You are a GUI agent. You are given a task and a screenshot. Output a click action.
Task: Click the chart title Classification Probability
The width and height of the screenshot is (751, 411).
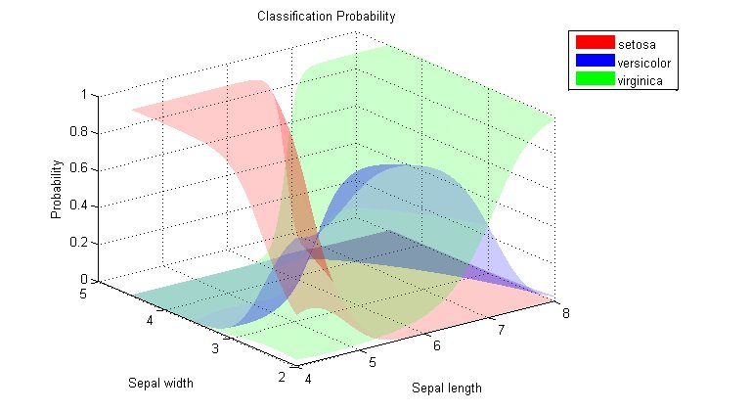[x=326, y=17]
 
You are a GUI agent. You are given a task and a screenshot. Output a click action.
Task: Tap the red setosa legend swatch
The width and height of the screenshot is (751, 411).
[x=594, y=42]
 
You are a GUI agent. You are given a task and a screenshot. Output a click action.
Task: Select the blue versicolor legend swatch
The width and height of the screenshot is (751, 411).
[x=594, y=62]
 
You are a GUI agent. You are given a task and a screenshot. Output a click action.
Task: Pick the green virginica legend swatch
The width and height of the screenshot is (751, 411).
[x=594, y=80]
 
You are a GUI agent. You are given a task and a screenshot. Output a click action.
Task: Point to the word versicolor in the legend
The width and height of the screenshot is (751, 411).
[x=643, y=63]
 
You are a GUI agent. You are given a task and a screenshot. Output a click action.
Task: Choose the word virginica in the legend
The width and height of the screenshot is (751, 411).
[x=641, y=81]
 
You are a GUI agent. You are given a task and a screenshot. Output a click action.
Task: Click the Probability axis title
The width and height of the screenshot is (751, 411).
[x=57, y=188]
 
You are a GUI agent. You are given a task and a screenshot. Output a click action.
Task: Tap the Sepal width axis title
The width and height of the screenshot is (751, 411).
[x=159, y=382]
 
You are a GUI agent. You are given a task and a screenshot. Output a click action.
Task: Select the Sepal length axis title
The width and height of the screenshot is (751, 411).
[x=447, y=388]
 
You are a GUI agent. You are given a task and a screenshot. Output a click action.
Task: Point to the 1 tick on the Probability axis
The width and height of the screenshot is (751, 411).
[x=85, y=95]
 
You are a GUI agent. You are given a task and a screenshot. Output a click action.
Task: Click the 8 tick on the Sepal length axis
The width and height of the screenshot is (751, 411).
[x=564, y=313]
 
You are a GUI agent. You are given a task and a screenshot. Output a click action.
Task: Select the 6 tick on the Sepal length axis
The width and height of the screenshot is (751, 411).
[x=438, y=345]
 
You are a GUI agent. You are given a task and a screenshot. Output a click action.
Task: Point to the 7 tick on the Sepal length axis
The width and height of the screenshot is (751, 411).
[x=502, y=330]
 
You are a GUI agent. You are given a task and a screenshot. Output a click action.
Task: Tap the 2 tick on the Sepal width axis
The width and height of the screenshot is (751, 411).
[x=284, y=377]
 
